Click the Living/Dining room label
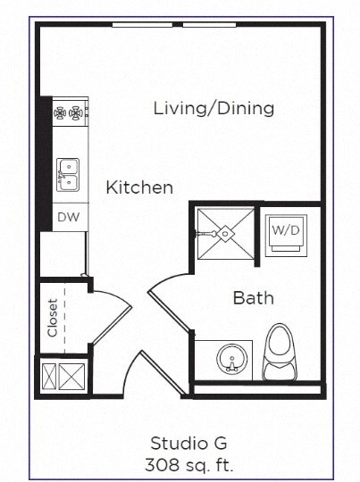point(213,109)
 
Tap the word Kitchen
point(139,187)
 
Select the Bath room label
point(253,297)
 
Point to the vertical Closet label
point(53,317)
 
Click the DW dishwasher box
point(68,217)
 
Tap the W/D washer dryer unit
point(286,234)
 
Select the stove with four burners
point(70,113)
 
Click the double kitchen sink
point(68,174)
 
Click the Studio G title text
point(188,443)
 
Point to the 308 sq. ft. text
point(188,464)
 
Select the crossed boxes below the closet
point(61,377)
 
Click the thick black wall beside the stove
point(44,161)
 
